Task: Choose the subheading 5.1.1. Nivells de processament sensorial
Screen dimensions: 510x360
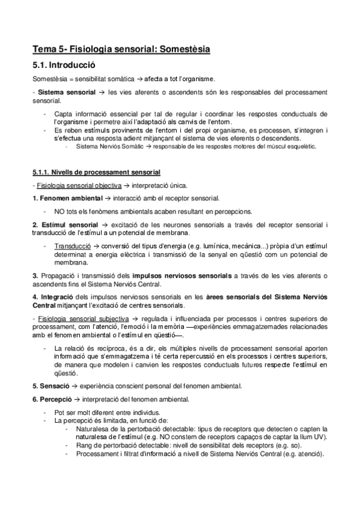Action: pos(96,173)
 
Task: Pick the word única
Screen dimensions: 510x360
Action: pos(183,186)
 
